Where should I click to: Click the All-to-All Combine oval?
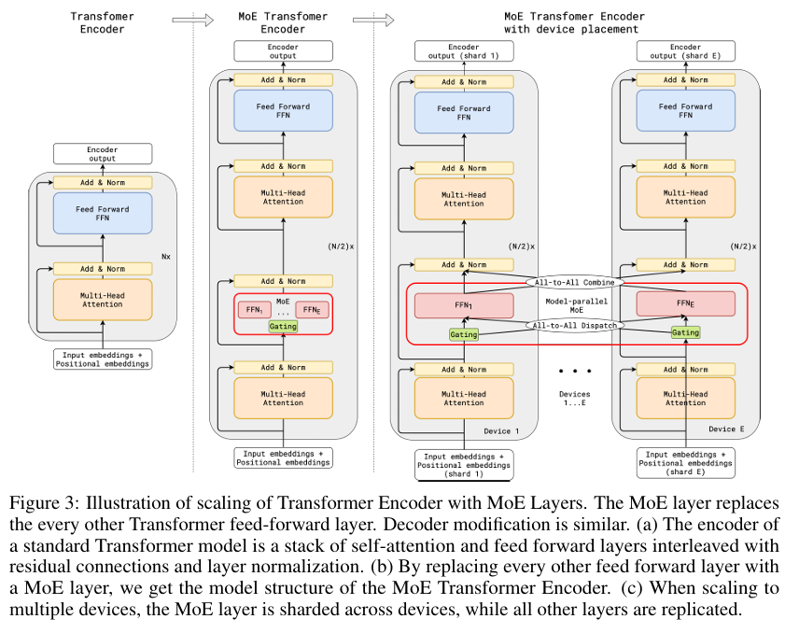coord(573,281)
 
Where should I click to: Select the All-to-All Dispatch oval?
coord(573,325)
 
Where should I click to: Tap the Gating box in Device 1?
coord(463,333)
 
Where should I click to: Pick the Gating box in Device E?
coord(685,332)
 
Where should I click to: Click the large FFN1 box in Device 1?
coord(464,304)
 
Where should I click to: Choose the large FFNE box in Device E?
coord(685,304)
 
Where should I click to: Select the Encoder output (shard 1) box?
coord(463,50)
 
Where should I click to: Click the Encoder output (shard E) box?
coord(685,50)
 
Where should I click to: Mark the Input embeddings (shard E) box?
coord(685,462)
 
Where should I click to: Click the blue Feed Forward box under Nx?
coord(103,214)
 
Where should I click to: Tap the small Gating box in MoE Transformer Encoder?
coord(283,326)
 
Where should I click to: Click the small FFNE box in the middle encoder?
coord(311,309)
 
